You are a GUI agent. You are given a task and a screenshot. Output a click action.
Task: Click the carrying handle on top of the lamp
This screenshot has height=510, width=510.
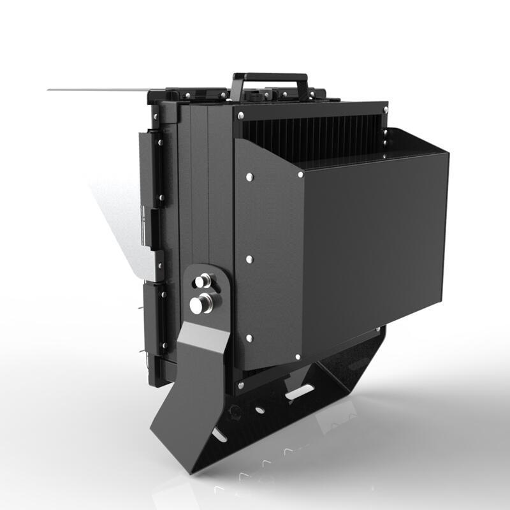[x=270, y=78]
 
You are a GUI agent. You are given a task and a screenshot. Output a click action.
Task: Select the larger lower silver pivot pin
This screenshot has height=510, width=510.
[x=201, y=304]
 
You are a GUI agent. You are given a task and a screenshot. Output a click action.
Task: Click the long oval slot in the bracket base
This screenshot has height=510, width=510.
[x=299, y=392]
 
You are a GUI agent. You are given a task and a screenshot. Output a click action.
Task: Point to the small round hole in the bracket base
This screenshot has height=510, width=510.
[x=259, y=409]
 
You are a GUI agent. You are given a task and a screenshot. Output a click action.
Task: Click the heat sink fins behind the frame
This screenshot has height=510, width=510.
[x=312, y=136]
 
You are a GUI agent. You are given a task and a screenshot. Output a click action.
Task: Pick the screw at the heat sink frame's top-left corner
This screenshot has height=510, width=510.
[x=240, y=117]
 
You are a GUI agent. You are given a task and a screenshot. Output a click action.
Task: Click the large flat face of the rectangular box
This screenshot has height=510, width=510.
[x=376, y=242]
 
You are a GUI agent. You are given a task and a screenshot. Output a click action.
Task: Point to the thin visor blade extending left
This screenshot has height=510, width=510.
[x=96, y=89]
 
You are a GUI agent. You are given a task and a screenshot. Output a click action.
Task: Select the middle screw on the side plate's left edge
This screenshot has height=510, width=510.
[x=249, y=259]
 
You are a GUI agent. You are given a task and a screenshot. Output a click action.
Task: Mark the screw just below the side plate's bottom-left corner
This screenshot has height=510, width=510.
[x=240, y=385]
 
